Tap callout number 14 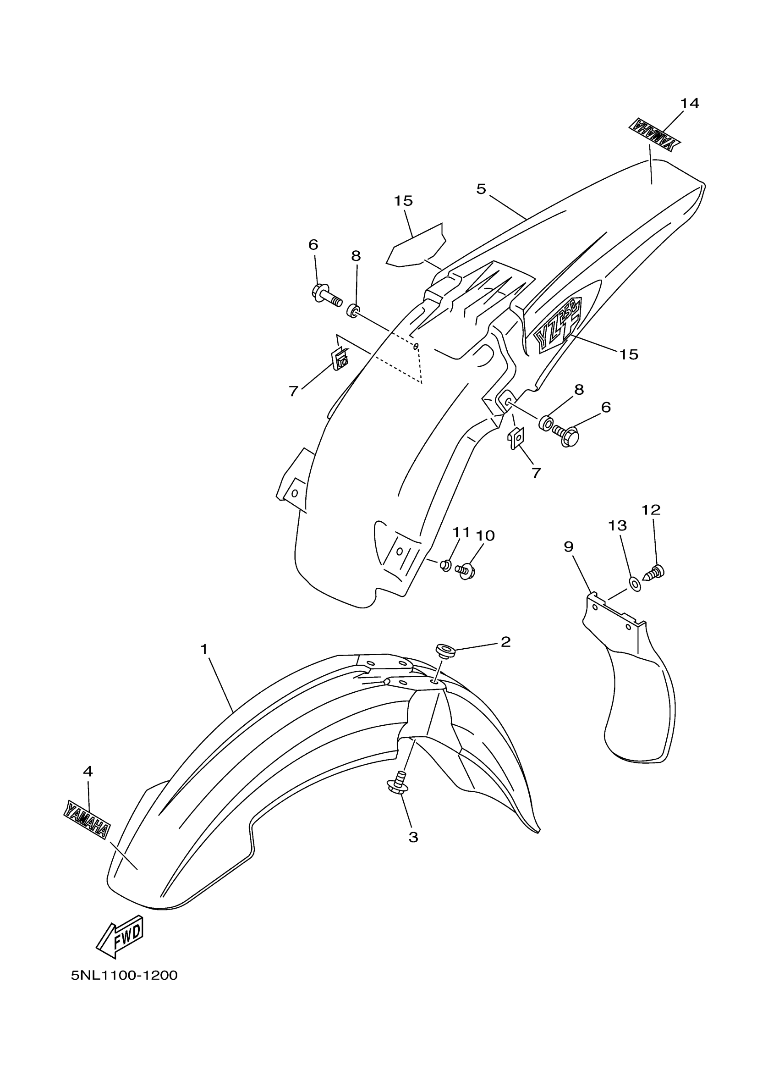[x=689, y=103]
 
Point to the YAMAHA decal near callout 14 [x=654, y=135]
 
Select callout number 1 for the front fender [x=204, y=649]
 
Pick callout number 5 [x=481, y=189]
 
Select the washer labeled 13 [x=635, y=583]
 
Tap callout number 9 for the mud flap [x=569, y=547]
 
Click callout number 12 [x=651, y=509]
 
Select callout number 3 [x=413, y=837]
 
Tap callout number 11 [x=461, y=532]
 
